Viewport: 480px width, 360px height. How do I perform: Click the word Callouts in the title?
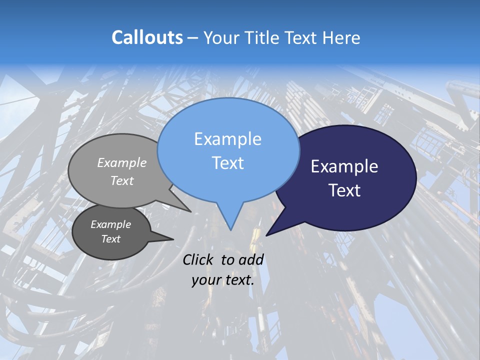click(147, 37)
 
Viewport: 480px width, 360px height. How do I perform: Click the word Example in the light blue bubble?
click(227, 139)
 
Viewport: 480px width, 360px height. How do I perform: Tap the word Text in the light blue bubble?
click(227, 163)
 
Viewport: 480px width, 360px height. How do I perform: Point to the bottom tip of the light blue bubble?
click(230, 229)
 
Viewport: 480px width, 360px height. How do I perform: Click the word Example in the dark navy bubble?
click(344, 166)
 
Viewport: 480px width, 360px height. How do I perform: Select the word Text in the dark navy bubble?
click(345, 190)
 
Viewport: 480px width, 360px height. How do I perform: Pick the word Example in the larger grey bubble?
click(122, 162)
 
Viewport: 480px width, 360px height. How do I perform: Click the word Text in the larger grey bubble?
click(122, 180)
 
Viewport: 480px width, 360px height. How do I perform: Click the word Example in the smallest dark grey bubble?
click(111, 224)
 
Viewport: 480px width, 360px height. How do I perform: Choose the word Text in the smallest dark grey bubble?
click(111, 239)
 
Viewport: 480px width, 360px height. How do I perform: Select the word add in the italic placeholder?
click(251, 259)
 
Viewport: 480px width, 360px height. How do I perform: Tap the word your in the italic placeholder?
click(206, 280)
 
